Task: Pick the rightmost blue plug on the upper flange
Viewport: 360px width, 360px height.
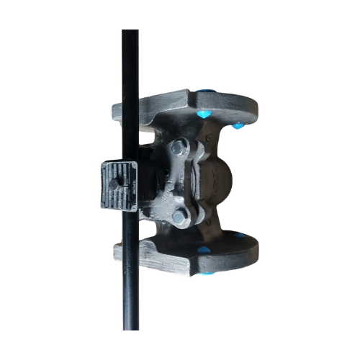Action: click(237, 126)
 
